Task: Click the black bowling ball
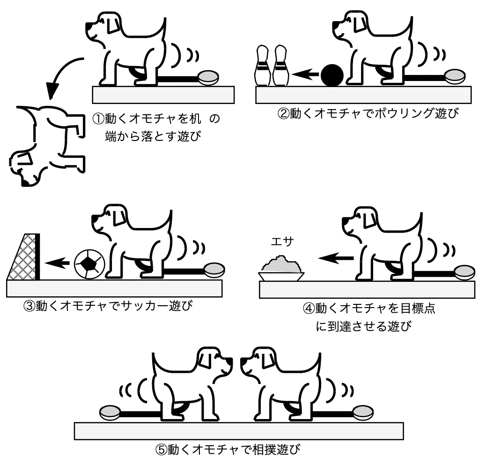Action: point(332,75)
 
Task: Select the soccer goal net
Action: point(23,257)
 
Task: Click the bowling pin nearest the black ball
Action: point(281,66)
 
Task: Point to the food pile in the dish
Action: point(281,265)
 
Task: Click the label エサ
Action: point(282,242)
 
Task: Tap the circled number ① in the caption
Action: point(98,118)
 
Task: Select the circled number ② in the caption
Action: point(283,113)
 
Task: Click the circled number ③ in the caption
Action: point(29,306)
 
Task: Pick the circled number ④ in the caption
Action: point(309,308)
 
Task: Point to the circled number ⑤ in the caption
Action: point(161,449)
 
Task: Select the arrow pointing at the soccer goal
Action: point(57,263)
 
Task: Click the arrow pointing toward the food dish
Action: point(336,258)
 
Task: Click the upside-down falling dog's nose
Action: point(25,183)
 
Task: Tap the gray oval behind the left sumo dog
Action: point(110,412)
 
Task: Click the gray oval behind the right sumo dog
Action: point(363,412)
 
